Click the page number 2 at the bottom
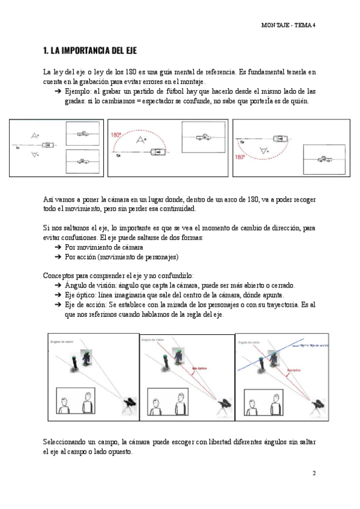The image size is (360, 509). coord(314,473)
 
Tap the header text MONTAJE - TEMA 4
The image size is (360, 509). coord(289,25)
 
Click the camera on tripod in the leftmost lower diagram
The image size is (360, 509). coord(128,405)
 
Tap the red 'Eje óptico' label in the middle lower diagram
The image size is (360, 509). coord(199,368)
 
